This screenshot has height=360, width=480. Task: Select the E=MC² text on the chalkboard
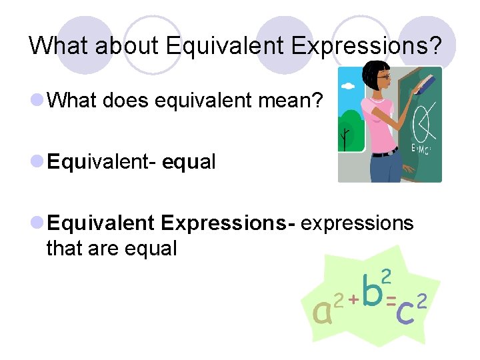(x=421, y=148)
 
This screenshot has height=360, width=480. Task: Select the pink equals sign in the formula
(x=391, y=298)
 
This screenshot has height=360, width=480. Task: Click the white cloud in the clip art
(x=348, y=87)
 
